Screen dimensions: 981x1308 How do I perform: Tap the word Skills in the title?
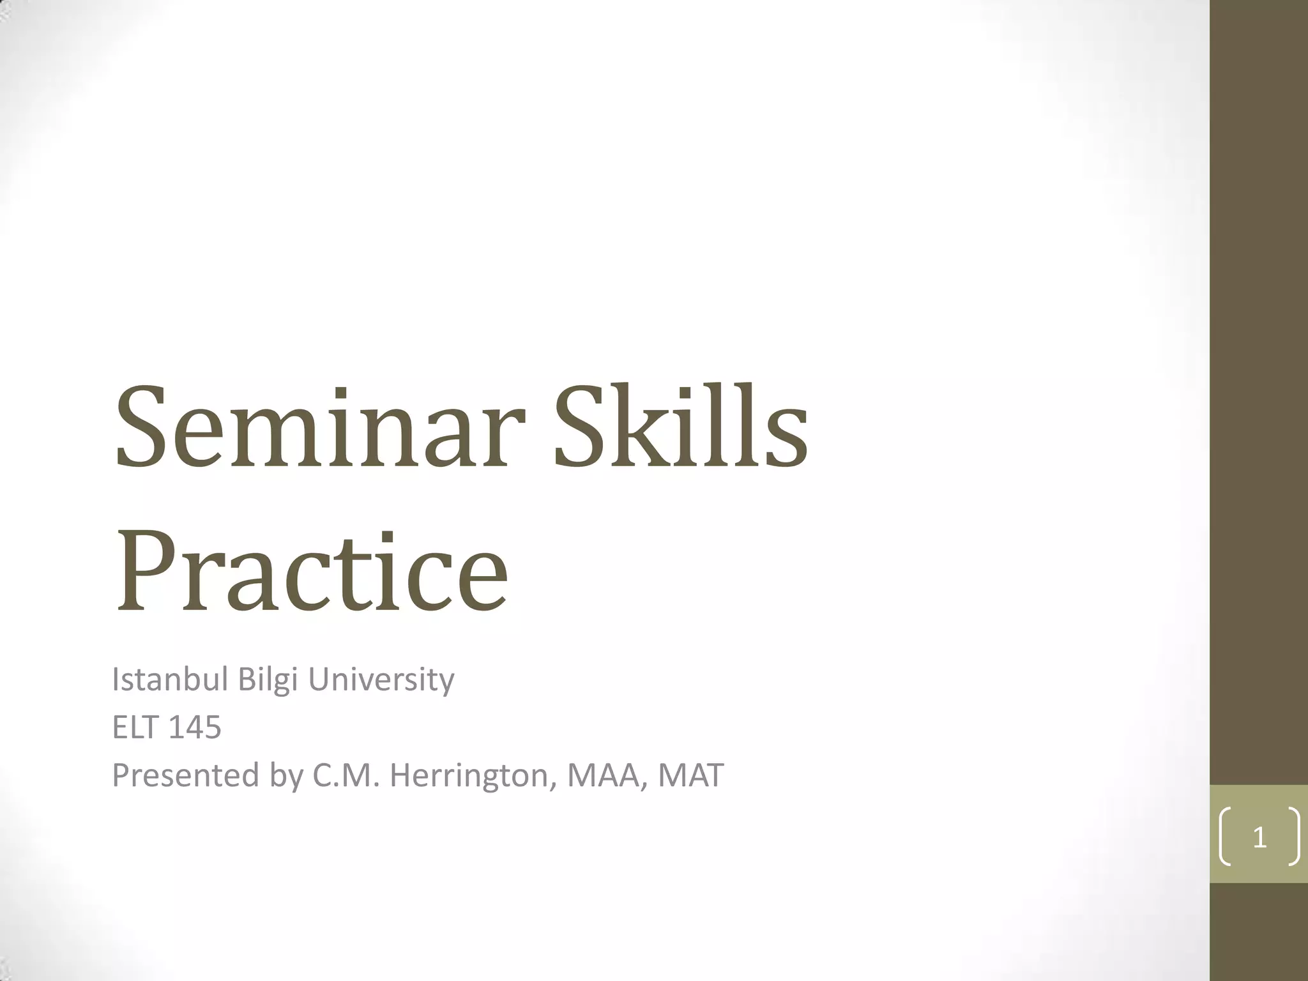click(x=681, y=427)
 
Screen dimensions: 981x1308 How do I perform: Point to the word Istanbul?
click(x=170, y=680)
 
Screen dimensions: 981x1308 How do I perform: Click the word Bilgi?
click(x=268, y=681)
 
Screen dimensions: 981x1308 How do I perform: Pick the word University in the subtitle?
click(x=381, y=681)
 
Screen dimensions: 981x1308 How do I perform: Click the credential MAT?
click(x=691, y=775)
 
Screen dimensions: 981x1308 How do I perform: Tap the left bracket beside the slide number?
click(x=1225, y=837)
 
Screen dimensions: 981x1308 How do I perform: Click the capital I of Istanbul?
click(x=115, y=680)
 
